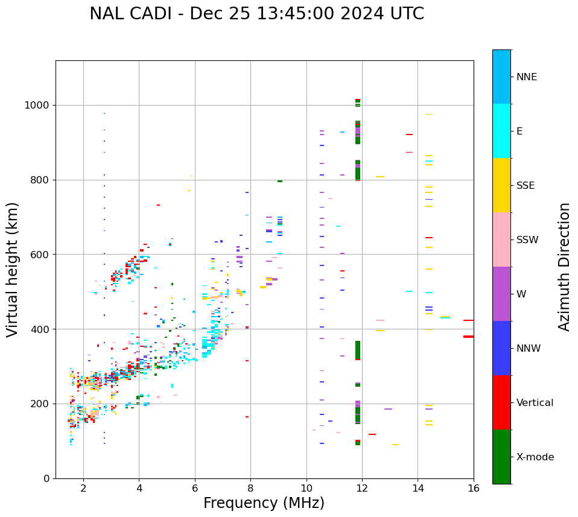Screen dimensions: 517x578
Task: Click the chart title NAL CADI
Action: (x=256, y=14)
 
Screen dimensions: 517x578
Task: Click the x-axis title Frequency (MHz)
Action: (x=264, y=503)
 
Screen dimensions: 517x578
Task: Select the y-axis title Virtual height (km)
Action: (x=13, y=269)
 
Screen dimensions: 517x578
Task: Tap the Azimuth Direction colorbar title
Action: (x=564, y=267)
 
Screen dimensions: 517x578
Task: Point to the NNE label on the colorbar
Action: (x=526, y=77)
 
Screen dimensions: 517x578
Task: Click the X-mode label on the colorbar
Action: (x=535, y=457)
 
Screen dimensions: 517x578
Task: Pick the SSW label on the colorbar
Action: (x=527, y=240)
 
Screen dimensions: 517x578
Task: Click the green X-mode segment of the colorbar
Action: (x=501, y=457)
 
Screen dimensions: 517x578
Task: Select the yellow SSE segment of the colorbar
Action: (x=501, y=185)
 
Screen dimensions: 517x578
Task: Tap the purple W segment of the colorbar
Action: (x=501, y=294)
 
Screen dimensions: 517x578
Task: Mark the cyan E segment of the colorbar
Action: (x=501, y=131)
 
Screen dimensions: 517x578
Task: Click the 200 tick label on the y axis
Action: (x=42, y=404)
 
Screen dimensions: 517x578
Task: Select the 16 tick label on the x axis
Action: (x=474, y=488)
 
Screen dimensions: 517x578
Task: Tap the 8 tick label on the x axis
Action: (x=250, y=488)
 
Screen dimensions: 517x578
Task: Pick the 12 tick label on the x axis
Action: (x=362, y=488)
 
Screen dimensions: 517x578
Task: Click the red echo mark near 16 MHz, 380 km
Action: (x=468, y=337)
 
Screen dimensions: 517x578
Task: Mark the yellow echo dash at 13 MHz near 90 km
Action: (x=395, y=445)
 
